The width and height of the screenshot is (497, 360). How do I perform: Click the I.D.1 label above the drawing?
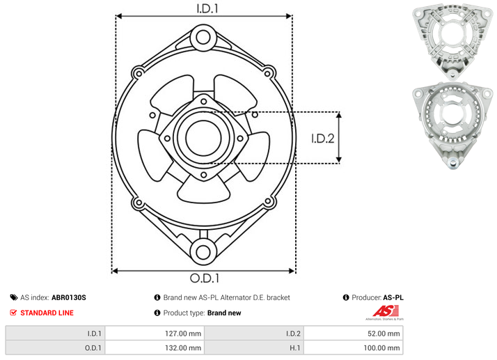(x=207, y=8)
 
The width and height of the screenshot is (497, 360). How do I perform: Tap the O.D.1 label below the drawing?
(x=205, y=278)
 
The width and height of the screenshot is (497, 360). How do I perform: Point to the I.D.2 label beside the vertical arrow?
(x=323, y=139)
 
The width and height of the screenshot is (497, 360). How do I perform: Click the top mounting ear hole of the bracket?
(x=203, y=37)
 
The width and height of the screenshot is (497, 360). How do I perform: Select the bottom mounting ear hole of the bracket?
(x=203, y=252)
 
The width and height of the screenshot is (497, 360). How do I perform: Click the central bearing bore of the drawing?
(x=203, y=138)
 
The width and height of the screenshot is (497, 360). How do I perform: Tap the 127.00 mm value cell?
(x=155, y=334)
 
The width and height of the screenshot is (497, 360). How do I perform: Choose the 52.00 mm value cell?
(x=354, y=334)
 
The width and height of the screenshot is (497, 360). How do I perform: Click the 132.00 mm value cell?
(x=155, y=348)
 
